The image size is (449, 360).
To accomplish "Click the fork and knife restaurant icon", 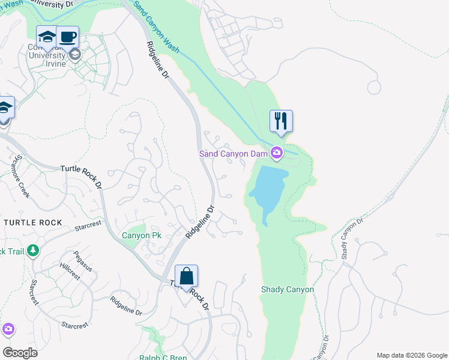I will click(280, 121).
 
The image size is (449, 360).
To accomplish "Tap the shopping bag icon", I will click(187, 277).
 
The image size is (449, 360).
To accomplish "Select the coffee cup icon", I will click(67, 37).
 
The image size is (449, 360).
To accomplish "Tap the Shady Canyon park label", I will click(287, 289).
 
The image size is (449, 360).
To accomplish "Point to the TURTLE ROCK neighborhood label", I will click(32, 223).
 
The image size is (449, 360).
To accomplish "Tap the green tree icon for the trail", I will click(34, 250).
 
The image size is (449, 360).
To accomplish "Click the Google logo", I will click(20, 353).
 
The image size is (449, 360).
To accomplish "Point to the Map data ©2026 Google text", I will click(412, 355).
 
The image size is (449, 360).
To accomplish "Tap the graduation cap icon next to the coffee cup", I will click(46, 37).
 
